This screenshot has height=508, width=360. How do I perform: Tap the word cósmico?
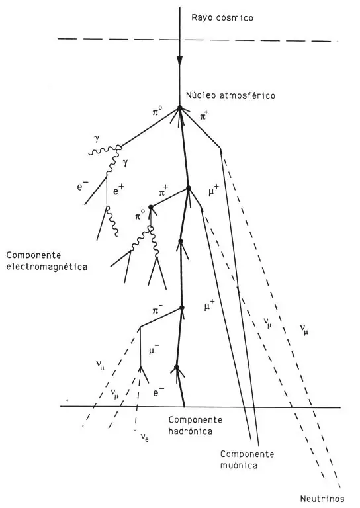pos(235,17)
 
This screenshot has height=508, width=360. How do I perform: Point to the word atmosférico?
pos(247,95)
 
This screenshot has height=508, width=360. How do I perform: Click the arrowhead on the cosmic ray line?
pos(179,60)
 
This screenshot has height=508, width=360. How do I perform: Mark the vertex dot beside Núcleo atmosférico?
pos(179,108)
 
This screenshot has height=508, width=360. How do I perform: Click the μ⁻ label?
pos(154,350)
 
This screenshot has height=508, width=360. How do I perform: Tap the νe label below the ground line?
pos(144,438)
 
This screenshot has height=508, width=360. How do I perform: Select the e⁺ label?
pos(119,191)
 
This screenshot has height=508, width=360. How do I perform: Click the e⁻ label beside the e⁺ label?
pos(83,187)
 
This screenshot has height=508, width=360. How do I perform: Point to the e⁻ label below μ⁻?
pos(158,393)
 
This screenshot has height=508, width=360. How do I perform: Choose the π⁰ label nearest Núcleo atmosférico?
pos(157,112)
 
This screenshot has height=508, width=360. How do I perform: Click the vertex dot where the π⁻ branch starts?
pos(182,308)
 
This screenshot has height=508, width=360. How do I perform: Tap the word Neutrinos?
pos(322,499)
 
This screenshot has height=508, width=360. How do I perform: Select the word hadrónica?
pos(190,431)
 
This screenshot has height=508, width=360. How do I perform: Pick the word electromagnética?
pos(47,267)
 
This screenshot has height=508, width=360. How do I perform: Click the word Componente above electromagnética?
pos(33,255)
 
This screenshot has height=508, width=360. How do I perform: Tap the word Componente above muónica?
pos(247,454)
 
